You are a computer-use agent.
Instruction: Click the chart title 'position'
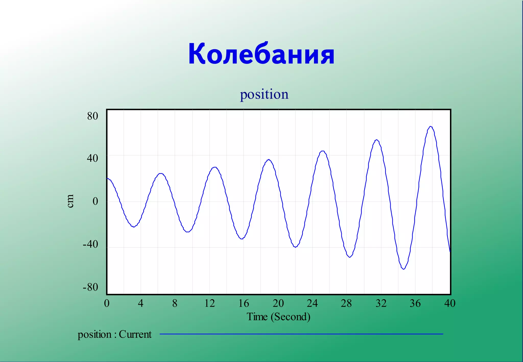pyautogui.click(x=264, y=94)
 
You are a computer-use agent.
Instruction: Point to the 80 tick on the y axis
pyautogui.click(x=92, y=116)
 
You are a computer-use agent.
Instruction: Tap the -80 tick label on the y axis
pyautogui.click(x=90, y=287)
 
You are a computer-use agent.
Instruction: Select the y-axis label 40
pyautogui.click(x=92, y=158)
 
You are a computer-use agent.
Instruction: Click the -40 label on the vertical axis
pyautogui.click(x=90, y=244)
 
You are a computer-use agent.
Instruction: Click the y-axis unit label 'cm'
pyautogui.click(x=70, y=201)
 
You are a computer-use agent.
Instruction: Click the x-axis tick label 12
pyautogui.click(x=209, y=303)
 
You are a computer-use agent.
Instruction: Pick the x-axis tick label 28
pyautogui.click(x=346, y=303)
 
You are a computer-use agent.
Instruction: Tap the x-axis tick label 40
pyautogui.click(x=450, y=303)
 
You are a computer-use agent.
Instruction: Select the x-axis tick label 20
pyautogui.click(x=278, y=303)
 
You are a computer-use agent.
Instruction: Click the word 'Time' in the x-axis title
pyautogui.click(x=257, y=317)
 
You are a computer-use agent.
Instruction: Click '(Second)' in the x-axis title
pyautogui.click(x=291, y=317)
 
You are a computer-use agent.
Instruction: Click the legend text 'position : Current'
pyautogui.click(x=114, y=334)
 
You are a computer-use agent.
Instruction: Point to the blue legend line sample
pyautogui.click(x=301, y=334)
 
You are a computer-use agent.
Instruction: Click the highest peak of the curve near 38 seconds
pyautogui.click(x=431, y=127)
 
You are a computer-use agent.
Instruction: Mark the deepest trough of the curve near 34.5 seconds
pyautogui.click(x=403, y=269)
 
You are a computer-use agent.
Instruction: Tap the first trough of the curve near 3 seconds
pyautogui.click(x=134, y=227)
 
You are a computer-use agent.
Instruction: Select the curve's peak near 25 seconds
pyautogui.click(x=323, y=151)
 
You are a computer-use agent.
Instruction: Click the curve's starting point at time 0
pyautogui.click(x=108, y=179)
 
